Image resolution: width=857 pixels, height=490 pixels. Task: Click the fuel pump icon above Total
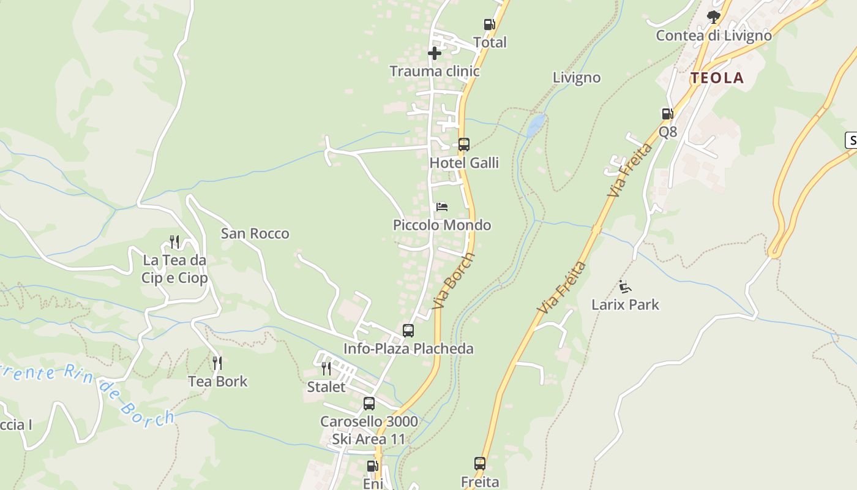coord(489,24)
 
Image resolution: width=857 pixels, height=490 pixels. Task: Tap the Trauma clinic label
coord(435,71)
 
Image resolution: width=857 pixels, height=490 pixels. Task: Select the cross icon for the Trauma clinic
coord(435,53)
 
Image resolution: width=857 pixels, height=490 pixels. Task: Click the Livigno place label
coord(577,78)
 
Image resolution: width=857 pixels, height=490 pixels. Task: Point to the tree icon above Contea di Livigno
coord(713,17)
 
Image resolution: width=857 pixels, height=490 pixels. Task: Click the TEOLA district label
coord(717,78)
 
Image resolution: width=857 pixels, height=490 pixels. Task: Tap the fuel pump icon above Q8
coord(667,113)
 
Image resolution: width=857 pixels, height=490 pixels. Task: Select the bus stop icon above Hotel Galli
coord(464,145)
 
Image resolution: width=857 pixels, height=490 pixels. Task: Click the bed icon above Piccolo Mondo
coord(442,207)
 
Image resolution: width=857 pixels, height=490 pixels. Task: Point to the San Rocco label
coord(255,233)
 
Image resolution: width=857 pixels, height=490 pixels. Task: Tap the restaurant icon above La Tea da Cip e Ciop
coord(174,242)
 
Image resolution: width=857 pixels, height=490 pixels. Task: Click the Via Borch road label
coord(454,281)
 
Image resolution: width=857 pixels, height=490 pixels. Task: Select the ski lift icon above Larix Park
coord(625,286)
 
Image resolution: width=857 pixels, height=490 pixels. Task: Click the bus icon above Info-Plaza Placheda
coord(408,331)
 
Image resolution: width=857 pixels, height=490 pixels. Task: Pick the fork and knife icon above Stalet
coord(326,368)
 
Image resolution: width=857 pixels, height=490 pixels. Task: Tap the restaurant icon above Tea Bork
coord(217,363)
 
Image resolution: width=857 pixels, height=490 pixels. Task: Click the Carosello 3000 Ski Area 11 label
coord(369,430)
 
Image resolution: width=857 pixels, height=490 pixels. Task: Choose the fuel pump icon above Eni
coord(372,466)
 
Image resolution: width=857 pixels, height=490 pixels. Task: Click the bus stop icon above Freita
coord(480,464)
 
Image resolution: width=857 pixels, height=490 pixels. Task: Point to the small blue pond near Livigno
coord(536,124)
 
